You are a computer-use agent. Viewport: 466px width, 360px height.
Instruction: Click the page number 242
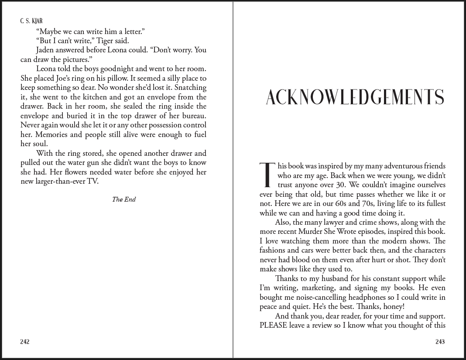coord(24,342)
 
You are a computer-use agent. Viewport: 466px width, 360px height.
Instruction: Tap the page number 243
coord(440,342)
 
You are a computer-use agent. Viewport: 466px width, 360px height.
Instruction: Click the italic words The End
coord(124,199)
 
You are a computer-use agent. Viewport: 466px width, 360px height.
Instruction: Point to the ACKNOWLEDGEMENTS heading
coord(355,97)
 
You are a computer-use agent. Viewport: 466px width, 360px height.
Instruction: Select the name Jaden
coord(47,50)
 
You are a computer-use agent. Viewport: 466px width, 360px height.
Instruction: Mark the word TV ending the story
coord(93,181)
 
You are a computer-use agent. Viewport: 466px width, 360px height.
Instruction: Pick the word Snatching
coord(190,88)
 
